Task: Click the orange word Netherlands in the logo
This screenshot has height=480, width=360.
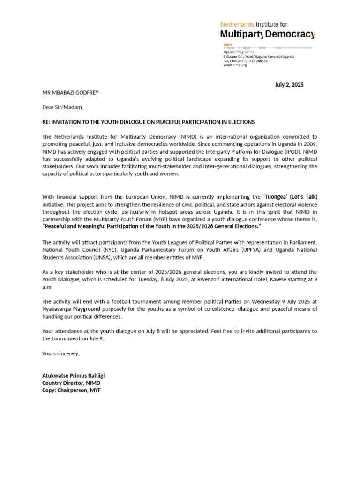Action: tap(237, 24)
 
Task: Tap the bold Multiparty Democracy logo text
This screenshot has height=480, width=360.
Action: tap(267, 34)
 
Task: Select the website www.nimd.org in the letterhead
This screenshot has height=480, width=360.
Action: tap(235, 65)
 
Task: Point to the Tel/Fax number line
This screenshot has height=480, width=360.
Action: tap(245, 60)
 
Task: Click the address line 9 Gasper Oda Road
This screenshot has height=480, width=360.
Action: tap(258, 56)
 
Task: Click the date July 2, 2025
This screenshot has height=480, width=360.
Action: tap(289, 85)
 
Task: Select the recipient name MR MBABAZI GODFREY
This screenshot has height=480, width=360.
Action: tap(70, 92)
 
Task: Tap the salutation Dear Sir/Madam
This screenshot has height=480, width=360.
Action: tap(62, 107)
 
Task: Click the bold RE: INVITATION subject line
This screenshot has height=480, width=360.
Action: tap(148, 122)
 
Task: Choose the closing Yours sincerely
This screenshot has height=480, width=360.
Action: tap(61, 353)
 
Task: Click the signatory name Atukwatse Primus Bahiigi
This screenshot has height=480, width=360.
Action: tap(74, 375)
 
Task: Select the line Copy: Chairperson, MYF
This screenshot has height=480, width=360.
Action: tap(71, 390)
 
